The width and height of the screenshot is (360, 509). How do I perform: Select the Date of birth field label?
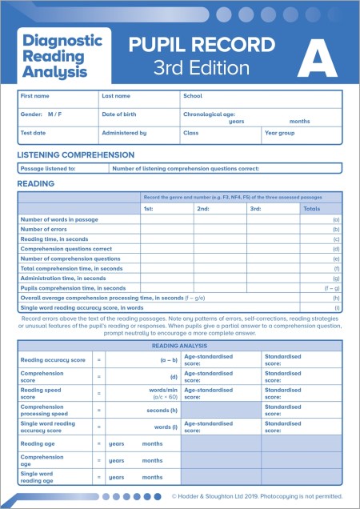pos(120,114)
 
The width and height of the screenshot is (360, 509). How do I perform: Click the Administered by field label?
pos(124,133)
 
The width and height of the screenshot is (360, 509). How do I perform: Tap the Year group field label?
pos(280,133)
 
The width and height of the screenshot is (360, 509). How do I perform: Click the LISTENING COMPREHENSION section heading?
pos(76,154)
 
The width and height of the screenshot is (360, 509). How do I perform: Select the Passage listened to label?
pos(48,169)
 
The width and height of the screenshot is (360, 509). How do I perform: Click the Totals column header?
pos(312,209)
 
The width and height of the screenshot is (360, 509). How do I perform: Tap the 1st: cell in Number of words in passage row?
pos(166,219)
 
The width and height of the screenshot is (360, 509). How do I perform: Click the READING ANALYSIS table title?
pos(181,345)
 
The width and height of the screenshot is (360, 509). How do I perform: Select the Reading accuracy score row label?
pos(53,360)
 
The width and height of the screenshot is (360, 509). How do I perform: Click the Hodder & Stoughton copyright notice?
pos(256,496)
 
